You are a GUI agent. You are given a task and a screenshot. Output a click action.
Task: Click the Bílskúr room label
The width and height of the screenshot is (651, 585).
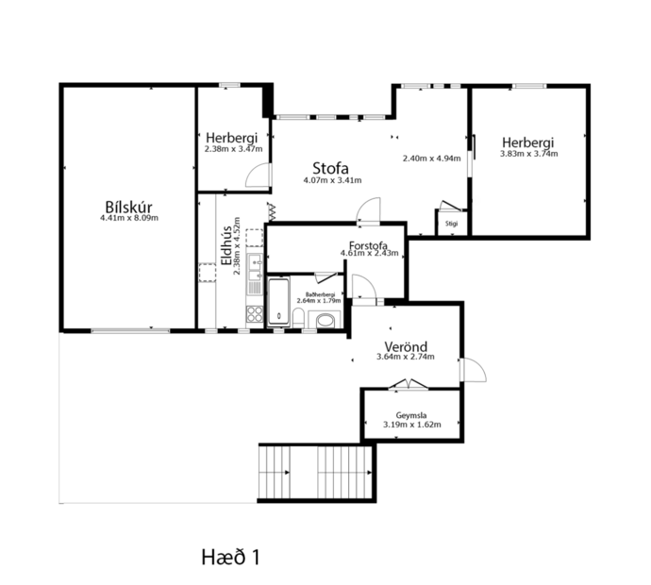[129, 208]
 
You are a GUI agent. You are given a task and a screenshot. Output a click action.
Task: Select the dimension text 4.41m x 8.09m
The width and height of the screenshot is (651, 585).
[129, 219]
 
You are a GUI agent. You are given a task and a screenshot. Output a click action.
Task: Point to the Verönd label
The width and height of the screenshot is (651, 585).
[404, 345]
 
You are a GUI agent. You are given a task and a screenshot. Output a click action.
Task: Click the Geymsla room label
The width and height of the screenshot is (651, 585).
[412, 414]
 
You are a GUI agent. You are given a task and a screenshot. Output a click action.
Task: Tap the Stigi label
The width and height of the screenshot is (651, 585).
[452, 224]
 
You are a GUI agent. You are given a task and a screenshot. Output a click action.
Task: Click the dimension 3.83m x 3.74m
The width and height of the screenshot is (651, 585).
[529, 154]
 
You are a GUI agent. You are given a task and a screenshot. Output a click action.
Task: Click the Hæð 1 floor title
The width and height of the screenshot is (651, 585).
[230, 557]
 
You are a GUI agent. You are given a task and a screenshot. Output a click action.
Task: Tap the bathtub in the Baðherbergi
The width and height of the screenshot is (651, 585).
[279, 302]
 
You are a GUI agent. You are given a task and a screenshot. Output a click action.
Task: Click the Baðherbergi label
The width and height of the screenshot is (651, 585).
[317, 292]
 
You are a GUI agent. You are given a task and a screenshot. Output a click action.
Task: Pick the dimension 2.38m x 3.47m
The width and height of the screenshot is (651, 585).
[233, 149]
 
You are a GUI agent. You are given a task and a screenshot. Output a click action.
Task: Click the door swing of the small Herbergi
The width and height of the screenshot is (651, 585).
[257, 175]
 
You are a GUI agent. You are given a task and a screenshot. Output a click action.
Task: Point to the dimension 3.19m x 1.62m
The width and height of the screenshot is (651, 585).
[412, 426]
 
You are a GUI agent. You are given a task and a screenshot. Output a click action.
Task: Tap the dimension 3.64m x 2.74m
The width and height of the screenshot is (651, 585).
[404, 357]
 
